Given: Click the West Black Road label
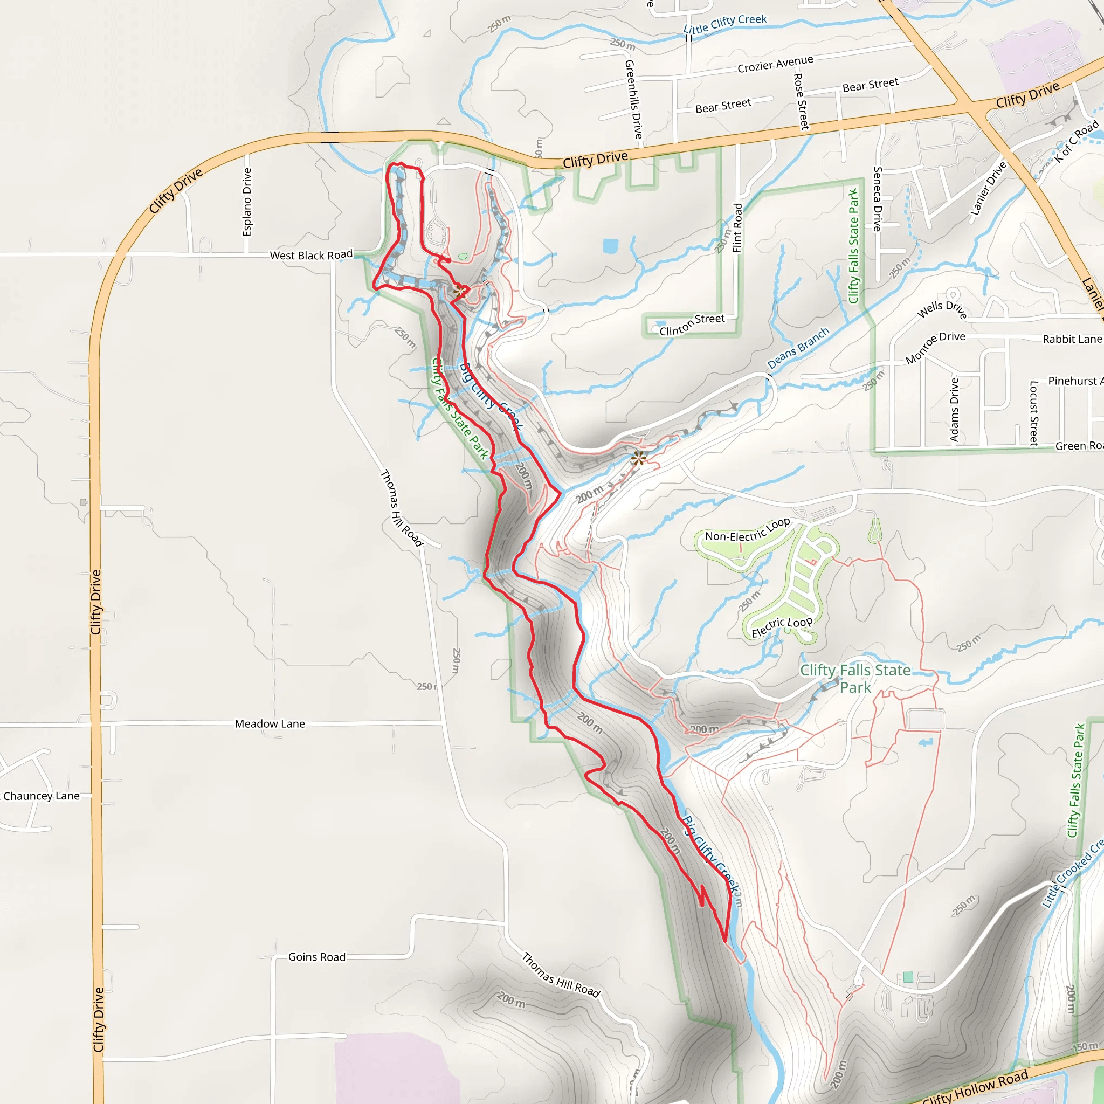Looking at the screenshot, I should [x=311, y=255].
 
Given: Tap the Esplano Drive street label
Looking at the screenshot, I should [x=247, y=202].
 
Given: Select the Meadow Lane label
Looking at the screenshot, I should [x=270, y=723].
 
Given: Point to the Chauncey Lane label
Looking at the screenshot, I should [x=41, y=796].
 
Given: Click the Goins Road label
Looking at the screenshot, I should [x=316, y=957].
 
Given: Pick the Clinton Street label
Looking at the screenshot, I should [x=692, y=325].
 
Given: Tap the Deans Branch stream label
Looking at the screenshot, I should [x=798, y=348].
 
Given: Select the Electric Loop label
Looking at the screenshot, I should [x=782, y=627].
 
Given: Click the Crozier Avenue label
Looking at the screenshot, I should [x=775, y=64].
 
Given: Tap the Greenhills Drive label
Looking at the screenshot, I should [x=634, y=99].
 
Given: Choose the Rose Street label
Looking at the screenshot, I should [x=801, y=101].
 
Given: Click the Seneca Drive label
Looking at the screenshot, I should [x=878, y=198].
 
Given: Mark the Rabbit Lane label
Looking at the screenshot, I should [x=1072, y=339].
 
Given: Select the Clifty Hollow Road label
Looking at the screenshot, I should [x=975, y=1087].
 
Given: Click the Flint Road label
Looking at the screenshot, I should [x=738, y=227].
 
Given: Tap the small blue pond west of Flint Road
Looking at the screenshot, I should [x=610, y=246].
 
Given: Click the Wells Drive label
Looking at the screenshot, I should [x=942, y=310].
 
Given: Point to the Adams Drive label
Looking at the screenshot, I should [x=954, y=409].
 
